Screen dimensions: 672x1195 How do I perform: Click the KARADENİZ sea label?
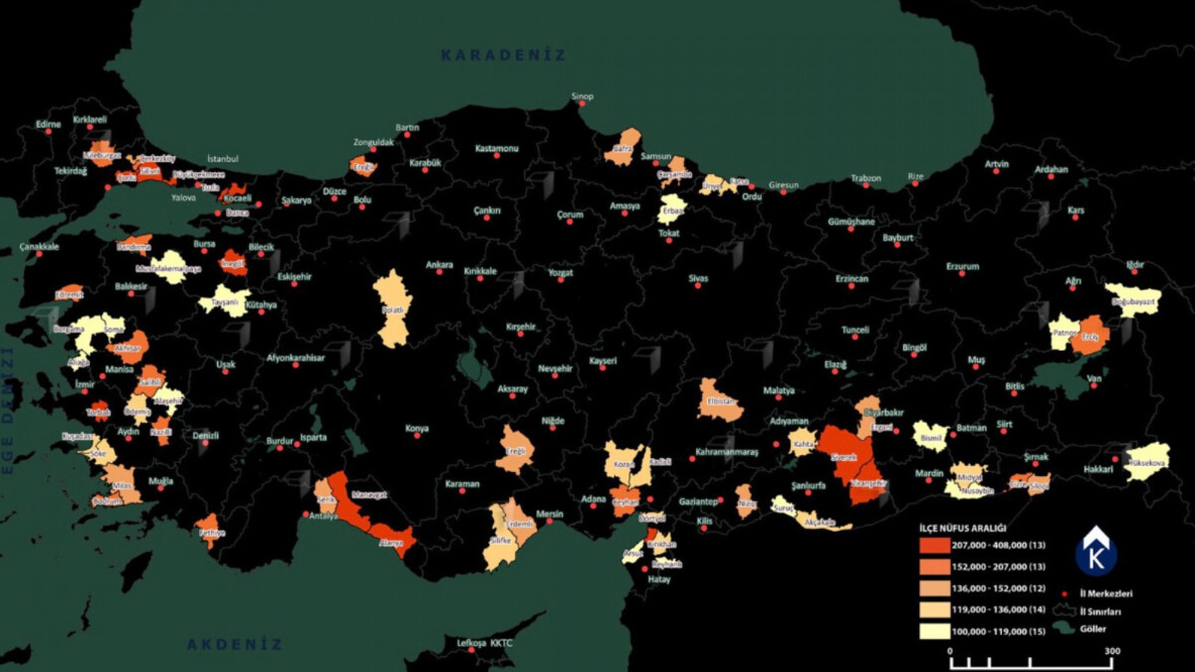coord(504,56)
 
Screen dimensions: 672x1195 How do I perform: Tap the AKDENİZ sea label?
coord(235,644)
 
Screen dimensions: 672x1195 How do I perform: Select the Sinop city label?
coord(582,97)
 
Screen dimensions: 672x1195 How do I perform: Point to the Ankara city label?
coord(439,265)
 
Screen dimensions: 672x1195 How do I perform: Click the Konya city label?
coord(416,429)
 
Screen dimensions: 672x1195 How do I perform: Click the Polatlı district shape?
coord(392,309)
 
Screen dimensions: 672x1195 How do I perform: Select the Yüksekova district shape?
coord(1147,462)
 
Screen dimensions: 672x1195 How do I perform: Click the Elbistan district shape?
coord(719,399)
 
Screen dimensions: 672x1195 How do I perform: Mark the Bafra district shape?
coord(624,147)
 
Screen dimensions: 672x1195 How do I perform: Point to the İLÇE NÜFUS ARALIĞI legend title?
coord(962,528)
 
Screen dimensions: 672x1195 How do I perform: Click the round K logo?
coord(1095,552)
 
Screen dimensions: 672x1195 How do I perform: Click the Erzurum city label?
coord(962,267)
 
